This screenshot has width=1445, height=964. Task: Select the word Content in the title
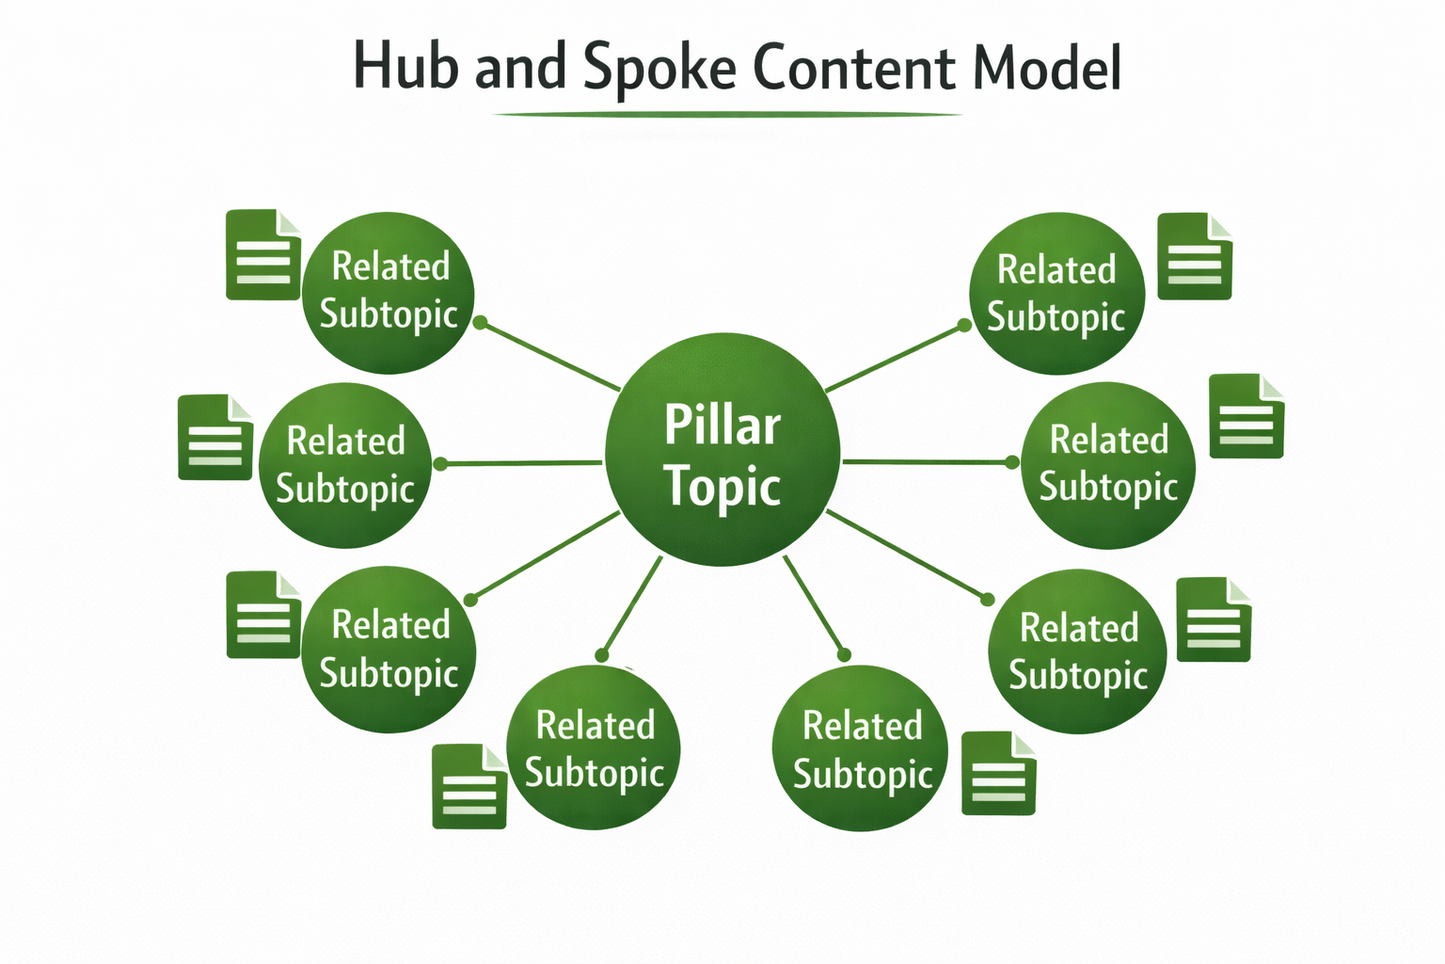854,68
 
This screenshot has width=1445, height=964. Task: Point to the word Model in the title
1046,68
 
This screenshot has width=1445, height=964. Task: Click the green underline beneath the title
726,115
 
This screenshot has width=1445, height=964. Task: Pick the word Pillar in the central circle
722,426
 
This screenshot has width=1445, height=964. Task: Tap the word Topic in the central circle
722,487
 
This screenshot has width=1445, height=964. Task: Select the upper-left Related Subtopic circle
388,292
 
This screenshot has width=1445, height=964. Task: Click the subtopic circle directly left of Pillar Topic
344,465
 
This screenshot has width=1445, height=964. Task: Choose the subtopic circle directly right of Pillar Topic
1108,465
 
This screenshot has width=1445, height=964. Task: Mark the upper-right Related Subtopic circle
1056,294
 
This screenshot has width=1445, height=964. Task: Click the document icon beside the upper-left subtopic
263,255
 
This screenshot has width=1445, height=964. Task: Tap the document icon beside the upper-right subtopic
1194,257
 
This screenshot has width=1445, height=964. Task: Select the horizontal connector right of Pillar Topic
927,462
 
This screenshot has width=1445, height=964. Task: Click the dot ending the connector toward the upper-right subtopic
964,326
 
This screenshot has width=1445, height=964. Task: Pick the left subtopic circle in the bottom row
593,748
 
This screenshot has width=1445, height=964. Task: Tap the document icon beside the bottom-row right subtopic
998,774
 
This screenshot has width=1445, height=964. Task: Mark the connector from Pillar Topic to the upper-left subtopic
550,356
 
